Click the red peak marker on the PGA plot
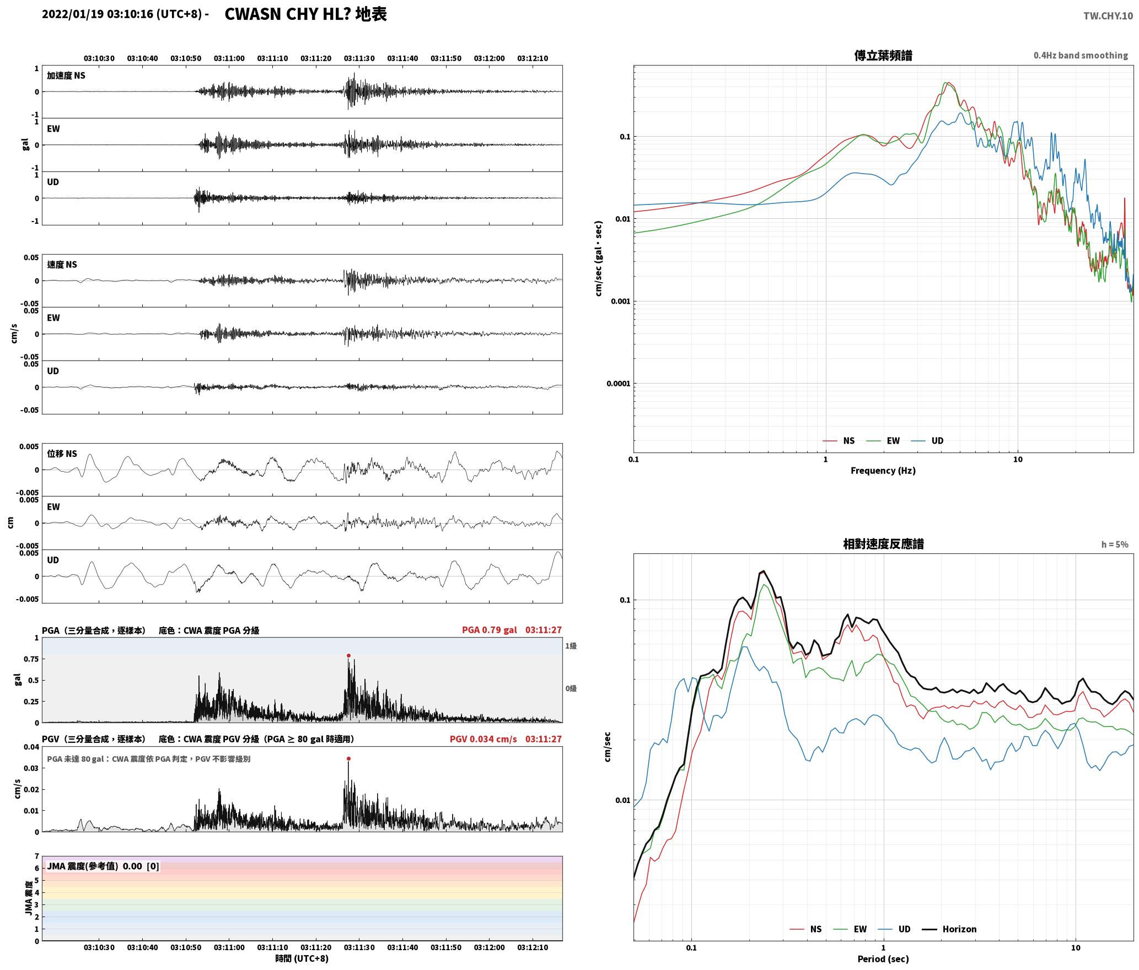point(348,655)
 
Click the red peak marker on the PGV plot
point(348,758)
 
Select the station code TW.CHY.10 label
point(1108,16)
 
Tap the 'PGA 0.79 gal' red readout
point(489,630)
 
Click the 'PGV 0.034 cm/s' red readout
point(483,739)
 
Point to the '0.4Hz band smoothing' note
point(1081,56)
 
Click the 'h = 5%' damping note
point(1115,545)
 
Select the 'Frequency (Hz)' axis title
point(883,471)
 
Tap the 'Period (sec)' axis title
point(883,959)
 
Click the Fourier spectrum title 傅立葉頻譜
point(883,55)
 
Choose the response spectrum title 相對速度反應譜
point(883,544)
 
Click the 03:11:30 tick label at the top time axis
point(359,58)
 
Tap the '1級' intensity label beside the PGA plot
point(571,646)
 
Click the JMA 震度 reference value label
point(103,866)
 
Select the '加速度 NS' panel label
point(66,76)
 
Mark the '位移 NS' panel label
point(62,454)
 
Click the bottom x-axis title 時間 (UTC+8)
point(302,958)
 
